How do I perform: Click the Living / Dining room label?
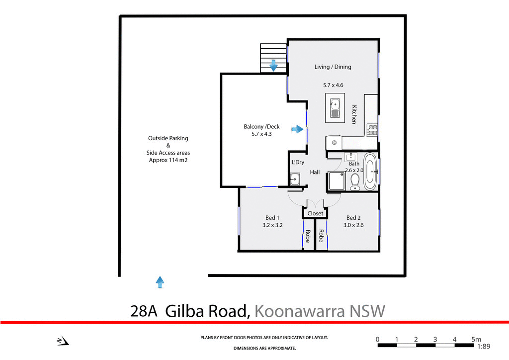[333, 67]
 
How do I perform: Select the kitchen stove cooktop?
[372, 130]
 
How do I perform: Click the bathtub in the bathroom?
[370, 172]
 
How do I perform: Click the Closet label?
[315, 214]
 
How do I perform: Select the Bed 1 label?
[272, 218]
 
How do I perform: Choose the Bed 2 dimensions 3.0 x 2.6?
[353, 225]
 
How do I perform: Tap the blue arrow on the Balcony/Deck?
[297, 129]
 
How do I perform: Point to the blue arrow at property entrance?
[160, 282]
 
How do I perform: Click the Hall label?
[315, 173]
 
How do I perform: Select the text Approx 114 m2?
[168, 160]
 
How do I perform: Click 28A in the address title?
[144, 311]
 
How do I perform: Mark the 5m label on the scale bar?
[476, 339]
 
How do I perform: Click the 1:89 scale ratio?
[484, 347]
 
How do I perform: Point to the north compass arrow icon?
[63, 341]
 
